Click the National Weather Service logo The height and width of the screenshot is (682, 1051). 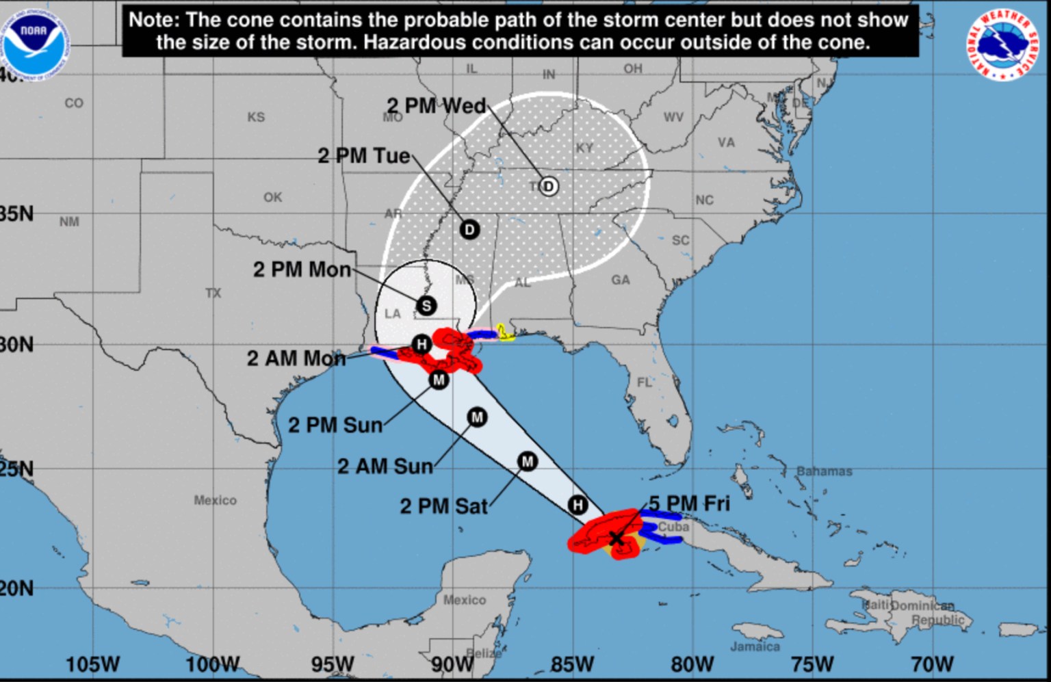coord(1003,45)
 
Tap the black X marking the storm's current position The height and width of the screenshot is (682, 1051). coord(616,538)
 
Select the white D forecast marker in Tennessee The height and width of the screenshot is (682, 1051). coord(548,186)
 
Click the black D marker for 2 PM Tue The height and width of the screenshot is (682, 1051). coord(469,229)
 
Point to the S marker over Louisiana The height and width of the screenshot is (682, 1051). coord(426,306)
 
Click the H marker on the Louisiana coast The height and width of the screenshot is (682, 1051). coord(421,343)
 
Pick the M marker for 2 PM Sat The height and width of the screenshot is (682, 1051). coord(527,462)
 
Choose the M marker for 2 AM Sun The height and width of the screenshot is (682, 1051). coord(477,417)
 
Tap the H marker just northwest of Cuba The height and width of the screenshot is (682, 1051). coord(578,505)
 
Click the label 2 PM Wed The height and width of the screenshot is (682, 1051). coord(437,106)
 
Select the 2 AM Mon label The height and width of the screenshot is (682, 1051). coord(296,358)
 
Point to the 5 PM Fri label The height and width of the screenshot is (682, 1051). coord(686,503)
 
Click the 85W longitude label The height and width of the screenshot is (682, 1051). coord(572,664)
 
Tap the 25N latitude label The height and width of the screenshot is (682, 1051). coord(16,469)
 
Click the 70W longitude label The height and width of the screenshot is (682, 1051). coord(932,664)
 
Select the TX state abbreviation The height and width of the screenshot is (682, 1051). coord(213,293)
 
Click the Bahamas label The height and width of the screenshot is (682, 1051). coord(824,471)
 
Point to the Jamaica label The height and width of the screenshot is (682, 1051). coord(755,646)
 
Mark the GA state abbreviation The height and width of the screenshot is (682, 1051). coord(621,279)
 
